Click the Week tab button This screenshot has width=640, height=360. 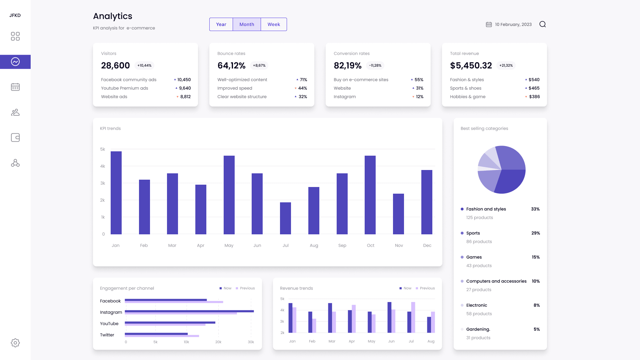274,24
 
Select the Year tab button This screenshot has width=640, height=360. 221,24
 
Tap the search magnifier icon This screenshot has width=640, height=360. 542,24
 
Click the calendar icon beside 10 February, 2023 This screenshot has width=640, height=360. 489,24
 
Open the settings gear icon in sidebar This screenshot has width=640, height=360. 15,343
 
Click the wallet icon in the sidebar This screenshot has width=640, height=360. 15,138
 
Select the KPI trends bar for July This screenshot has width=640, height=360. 285,218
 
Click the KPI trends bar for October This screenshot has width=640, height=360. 370,195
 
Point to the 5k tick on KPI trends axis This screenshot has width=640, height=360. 103,149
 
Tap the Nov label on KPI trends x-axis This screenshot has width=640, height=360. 399,245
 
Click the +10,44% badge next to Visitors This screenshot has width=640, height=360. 144,66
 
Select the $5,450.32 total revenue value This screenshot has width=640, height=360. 471,66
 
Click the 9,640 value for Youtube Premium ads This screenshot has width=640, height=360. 185,88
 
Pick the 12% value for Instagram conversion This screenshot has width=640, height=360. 419,97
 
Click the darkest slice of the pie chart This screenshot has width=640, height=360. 510,180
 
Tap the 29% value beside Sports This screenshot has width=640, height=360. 535,233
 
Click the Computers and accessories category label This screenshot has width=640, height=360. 496,281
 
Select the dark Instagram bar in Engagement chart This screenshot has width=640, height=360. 189,311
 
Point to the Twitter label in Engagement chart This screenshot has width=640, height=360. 107,335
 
